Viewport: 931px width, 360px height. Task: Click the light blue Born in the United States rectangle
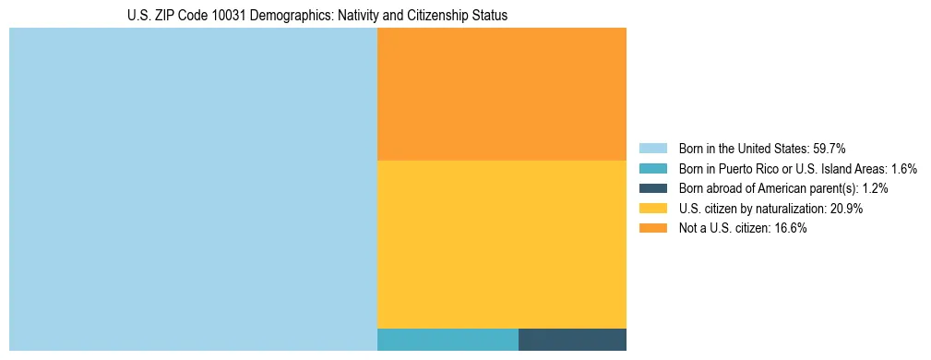point(193,189)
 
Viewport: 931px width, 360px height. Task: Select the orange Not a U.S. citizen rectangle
point(502,94)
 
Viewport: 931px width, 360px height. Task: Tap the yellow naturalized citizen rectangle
point(502,244)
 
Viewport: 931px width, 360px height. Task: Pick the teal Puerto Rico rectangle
point(448,340)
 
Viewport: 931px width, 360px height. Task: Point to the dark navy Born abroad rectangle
point(572,340)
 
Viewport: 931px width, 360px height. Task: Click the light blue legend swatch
point(652,149)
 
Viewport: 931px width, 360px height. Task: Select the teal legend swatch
point(652,169)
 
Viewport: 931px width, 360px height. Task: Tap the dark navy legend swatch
point(652,188)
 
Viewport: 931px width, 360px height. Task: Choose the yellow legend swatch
point(652,209)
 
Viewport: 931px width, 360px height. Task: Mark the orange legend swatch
point(652,229)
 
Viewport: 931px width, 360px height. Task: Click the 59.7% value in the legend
point(830,149)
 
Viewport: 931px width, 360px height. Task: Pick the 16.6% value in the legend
point(791,229)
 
